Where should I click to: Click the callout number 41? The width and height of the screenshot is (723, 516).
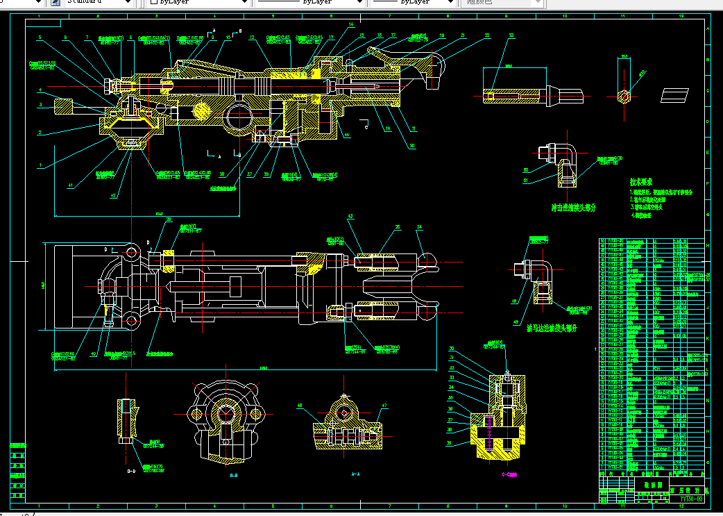coord(70,185)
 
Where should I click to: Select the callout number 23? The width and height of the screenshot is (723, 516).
coord(511,35)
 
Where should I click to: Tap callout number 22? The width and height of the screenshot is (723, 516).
coord(487,35)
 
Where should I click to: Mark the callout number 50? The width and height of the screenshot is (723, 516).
coord(525,169)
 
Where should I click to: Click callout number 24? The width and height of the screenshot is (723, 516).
coord(419,227)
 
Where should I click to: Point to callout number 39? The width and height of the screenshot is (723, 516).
coord(452,442)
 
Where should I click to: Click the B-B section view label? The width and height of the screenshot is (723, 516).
coord(234,476)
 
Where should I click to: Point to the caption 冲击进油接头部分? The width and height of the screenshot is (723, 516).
coord(574,207)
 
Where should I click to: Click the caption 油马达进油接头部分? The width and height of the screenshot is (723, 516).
coord(552,328)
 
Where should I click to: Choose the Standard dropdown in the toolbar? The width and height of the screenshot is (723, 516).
coord(97,2)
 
